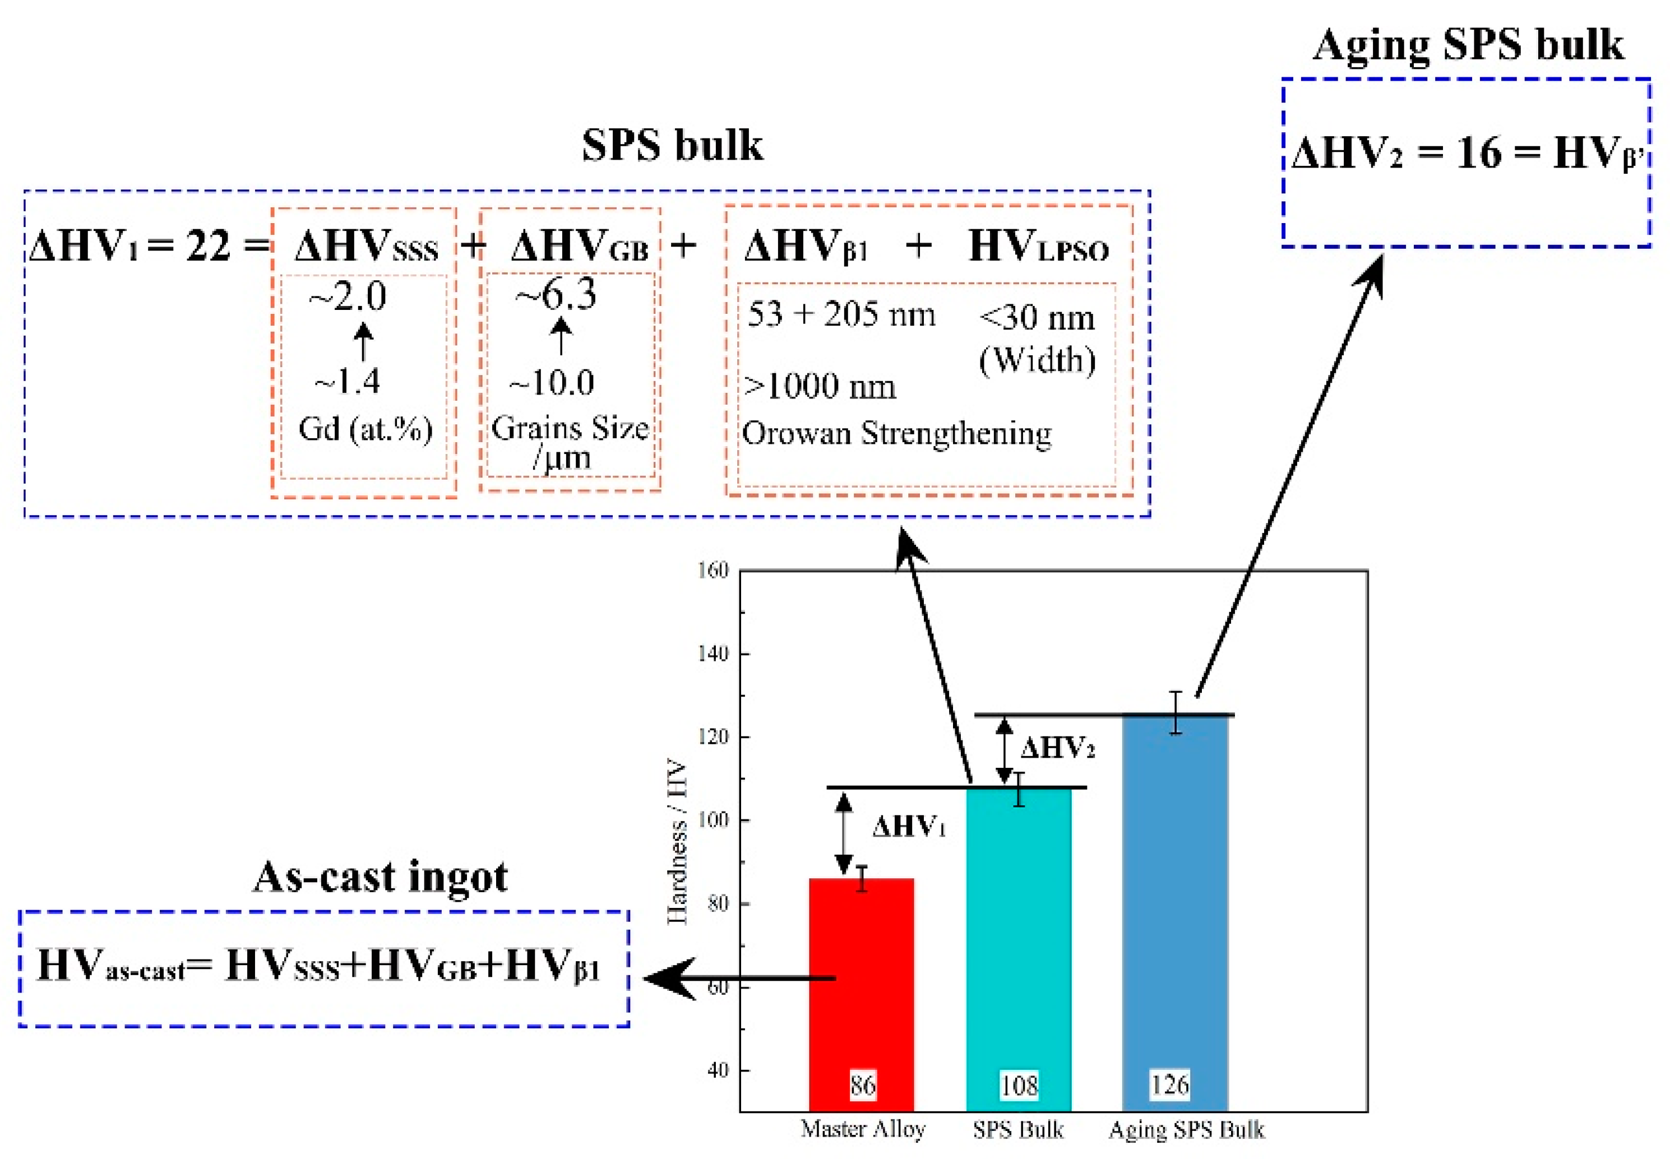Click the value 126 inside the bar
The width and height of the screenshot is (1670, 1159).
pos(1169,1085)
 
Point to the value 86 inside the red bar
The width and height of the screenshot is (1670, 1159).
pos(862,1086)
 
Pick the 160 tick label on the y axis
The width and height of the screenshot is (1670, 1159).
pos(713,571)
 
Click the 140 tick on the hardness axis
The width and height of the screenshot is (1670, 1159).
pos(713,654)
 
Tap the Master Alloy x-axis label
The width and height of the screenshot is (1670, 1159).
pos(863,1129)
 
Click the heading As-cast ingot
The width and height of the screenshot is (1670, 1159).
pos(380,877)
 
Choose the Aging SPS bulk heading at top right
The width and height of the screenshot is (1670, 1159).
pos(1467,45)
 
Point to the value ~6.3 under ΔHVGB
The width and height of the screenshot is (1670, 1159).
pos(556,295)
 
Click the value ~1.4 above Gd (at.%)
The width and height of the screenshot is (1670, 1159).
pos(347,381)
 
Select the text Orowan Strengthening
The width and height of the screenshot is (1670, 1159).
pos(896,434)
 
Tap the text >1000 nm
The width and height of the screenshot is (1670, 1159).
pos(820,386)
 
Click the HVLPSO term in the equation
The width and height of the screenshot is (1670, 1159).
pos(1038,247)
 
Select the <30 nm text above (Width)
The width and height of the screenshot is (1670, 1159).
pos(1037,317)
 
